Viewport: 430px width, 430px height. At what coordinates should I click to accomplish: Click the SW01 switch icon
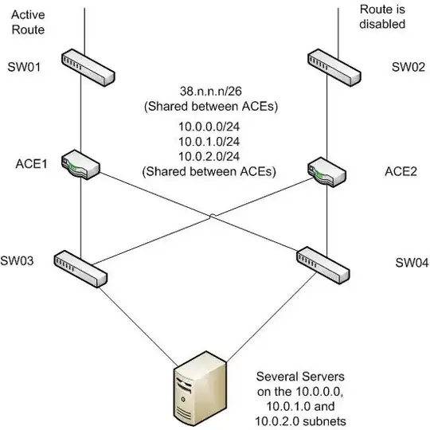click(x=88, y=68)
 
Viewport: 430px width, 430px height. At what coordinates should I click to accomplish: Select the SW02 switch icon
click(x=334, y=68)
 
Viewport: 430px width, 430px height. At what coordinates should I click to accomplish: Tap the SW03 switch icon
click(x=80, y=269)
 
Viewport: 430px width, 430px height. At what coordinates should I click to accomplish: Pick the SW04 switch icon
click(x=323, y=265)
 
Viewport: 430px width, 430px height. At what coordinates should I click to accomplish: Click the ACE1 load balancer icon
click(x=80, y=165)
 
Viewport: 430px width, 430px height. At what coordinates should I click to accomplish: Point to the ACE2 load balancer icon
click(x=326, y=172)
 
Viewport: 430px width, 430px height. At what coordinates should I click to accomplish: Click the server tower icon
click(x=201, y=389)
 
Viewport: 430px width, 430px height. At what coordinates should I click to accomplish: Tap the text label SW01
click(x=24, y=67)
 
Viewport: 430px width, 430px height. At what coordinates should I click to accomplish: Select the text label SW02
click(x=408, y=67)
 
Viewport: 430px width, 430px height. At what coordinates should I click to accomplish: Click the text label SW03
click(x=17, y=261)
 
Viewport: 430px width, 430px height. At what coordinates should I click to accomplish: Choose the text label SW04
click(x=412, y=263)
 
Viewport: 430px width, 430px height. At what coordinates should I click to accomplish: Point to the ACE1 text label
click(x=32, y=164)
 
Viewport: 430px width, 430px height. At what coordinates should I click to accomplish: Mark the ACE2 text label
click(x=401, y=172)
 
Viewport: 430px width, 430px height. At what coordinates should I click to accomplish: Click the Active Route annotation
click(x=28, y=22)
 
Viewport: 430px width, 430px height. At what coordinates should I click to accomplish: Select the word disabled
click(x=382, y=24)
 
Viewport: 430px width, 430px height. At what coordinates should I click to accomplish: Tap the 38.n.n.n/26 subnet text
click(x=211, y=92)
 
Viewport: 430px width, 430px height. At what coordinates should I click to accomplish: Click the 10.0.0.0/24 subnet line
click(x=209, y=127)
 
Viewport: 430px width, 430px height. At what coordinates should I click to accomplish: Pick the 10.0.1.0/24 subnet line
click(x=209, y=142)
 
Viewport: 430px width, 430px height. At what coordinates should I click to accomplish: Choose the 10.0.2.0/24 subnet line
click(x=209, y=157)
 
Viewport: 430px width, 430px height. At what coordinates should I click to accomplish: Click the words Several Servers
click(x=300, y=377)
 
